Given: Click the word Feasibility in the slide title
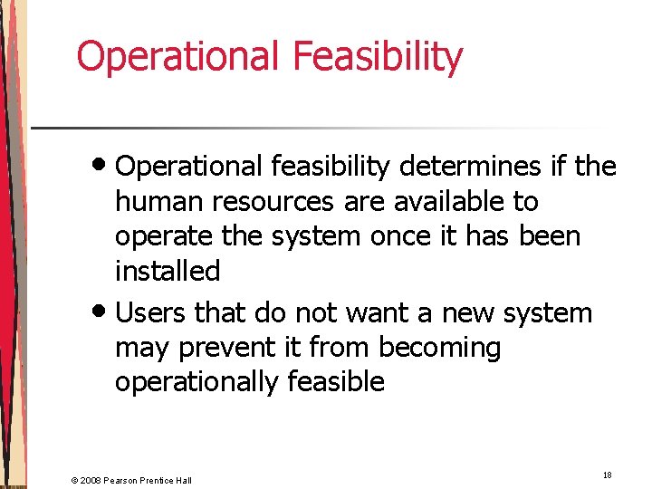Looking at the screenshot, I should coord(378,56).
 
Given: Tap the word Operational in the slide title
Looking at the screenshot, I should coord(178,56).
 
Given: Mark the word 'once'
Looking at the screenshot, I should coord(409,235).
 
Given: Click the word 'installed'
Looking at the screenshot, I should coord(168,271).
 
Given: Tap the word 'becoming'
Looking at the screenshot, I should coord(439,348).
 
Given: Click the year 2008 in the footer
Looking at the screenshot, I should coord(91,479).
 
